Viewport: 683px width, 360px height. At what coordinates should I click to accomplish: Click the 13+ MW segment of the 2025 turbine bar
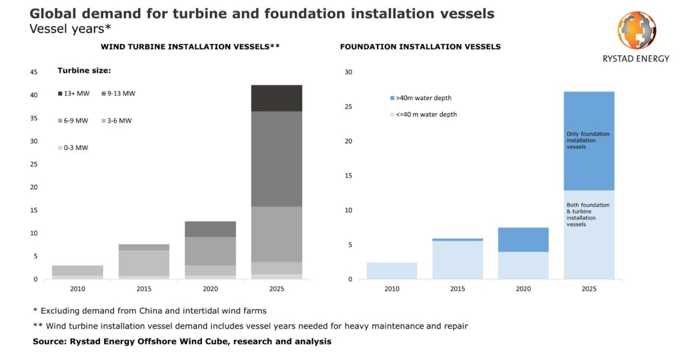[x=277, y=98]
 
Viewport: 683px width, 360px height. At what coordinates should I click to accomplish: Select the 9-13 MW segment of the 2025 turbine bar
[x=277, y=159]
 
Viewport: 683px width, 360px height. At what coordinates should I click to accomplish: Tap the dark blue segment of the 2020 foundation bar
[x=523, y=239]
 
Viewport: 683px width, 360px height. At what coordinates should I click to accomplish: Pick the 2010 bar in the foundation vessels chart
[x=392, y=271]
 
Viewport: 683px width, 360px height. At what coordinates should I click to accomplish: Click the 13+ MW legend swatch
[x=61, y=94]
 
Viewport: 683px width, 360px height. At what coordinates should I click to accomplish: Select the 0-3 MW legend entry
[x=73, y=147]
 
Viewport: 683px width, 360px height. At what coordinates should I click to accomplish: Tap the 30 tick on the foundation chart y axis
[x=347, y=72]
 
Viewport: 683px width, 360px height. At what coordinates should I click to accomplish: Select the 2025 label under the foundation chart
[x=588, y=290]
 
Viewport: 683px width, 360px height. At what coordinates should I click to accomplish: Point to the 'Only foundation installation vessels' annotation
[x=588, y=140]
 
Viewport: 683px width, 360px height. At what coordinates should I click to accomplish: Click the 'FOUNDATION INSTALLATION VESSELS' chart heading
[x=420, y=47]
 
